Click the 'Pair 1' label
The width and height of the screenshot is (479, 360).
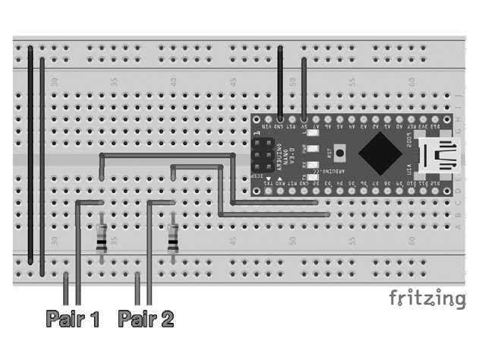pos(73,318)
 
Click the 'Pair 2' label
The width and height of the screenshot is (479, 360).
pos(146,318)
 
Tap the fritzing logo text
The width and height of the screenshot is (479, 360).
pos(427,298)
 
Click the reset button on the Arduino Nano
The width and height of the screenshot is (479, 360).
pos(339,153)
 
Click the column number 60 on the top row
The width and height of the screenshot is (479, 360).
pos(411,81)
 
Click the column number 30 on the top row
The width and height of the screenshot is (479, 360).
pos(54,81)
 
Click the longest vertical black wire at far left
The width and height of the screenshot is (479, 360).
pos(30,152)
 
